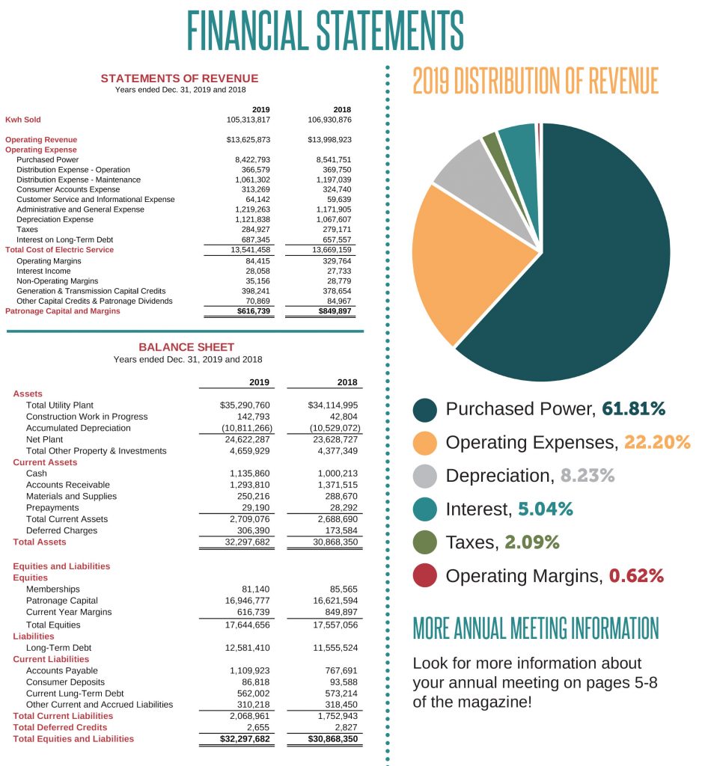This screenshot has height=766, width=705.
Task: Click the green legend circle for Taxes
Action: click(x=425, y=542)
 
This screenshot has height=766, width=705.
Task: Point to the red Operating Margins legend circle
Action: click(x=425, y=576)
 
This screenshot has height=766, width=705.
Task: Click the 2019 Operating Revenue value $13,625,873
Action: click(x=248, y=140)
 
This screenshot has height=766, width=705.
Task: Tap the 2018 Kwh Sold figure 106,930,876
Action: click(x=329, y=120)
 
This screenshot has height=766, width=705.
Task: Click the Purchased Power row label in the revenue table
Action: click(x=47, y=159)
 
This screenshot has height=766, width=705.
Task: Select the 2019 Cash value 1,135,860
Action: click(x=249, y=474)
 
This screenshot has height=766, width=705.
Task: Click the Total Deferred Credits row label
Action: click(x=60, y=727)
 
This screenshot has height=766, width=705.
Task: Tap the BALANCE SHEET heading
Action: click(x=186, y=347)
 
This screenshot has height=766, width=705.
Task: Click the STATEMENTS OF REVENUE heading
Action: click(x=180, y=79)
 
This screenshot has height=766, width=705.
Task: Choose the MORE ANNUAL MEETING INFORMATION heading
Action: click(x=536, y=628)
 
